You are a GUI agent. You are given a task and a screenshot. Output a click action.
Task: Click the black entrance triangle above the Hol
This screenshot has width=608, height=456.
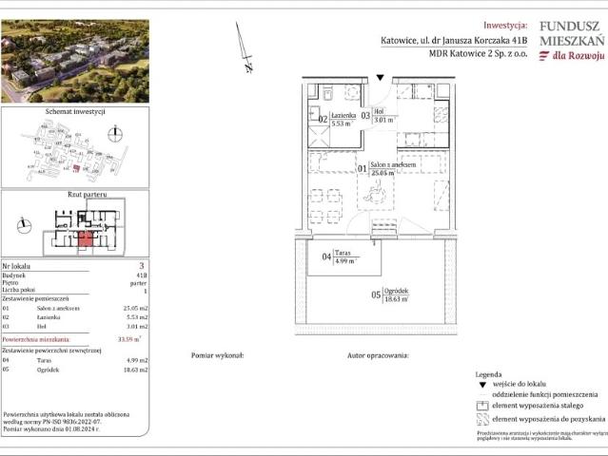point(380,78)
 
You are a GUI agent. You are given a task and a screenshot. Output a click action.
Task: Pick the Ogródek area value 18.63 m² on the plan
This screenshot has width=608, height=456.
point(396,298)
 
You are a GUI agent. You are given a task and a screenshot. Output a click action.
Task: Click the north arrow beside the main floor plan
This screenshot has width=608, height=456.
point(244,47)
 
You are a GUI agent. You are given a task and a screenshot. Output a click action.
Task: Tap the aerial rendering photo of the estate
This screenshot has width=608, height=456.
point(75,61)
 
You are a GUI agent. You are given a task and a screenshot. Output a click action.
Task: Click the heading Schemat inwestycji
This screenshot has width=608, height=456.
point(75,111)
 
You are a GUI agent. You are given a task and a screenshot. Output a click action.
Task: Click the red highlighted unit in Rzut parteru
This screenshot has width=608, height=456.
point(86,237)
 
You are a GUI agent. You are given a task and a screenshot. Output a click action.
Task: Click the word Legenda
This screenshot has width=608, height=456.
point(490,376)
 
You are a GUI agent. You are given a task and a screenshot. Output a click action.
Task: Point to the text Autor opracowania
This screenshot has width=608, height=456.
point(378,354)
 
